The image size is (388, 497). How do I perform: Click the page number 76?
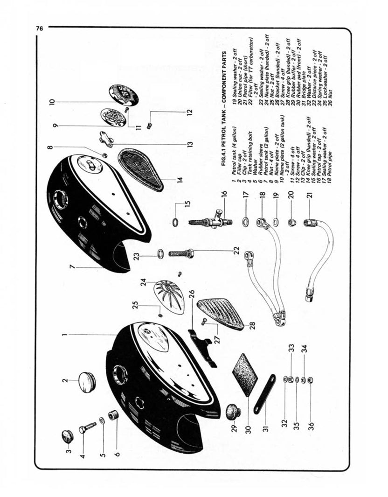pyautogui.click(x=39, y=28)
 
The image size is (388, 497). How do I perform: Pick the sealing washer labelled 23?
pyautogui.click(x=159, y=254)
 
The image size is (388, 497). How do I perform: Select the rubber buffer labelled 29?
pyautogui.click(x=233, y=412)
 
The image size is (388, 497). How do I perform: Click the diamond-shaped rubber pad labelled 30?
pyautogui.click(x=245, y=374)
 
